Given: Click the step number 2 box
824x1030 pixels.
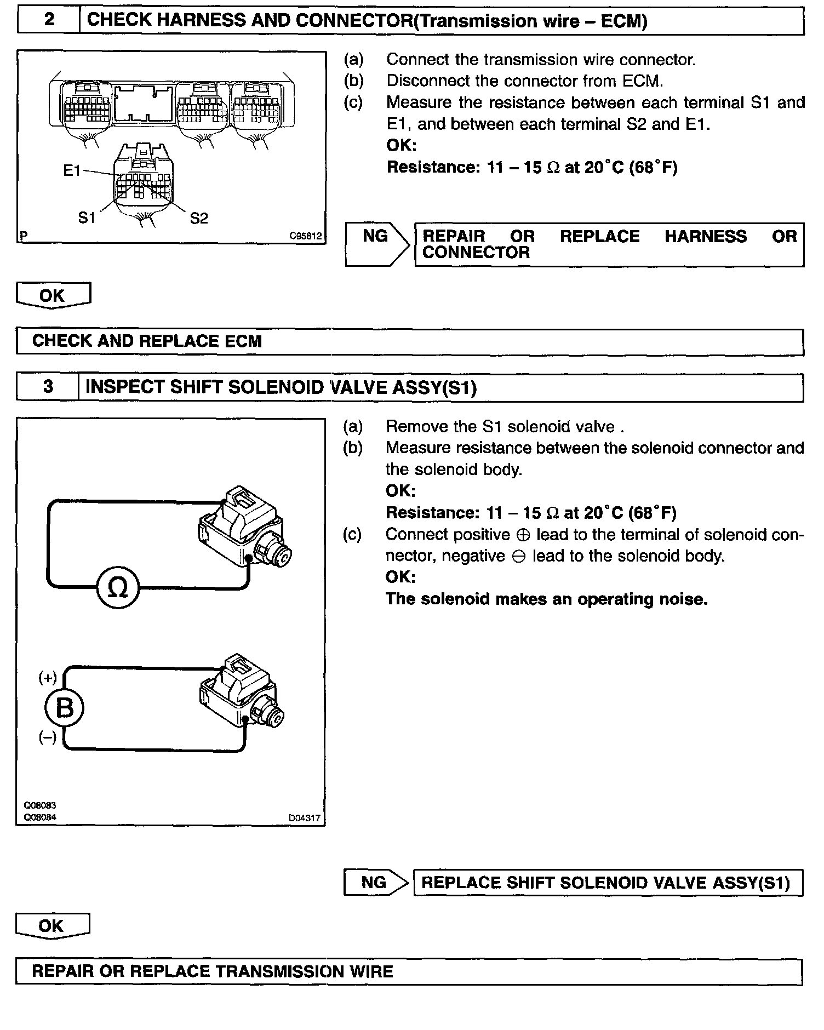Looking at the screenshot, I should [49, 20].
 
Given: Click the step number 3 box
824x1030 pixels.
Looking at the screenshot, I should [48, 387].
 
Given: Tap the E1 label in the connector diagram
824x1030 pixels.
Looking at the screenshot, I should [72, 171].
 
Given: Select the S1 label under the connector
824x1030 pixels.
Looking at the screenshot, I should [87, 218].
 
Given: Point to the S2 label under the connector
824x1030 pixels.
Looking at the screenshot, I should [199, 219].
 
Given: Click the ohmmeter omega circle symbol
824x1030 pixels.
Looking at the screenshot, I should [118, 588].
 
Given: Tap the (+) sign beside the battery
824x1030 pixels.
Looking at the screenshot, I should [48, 678].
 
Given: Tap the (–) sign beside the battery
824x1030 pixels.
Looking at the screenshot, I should [48, 738].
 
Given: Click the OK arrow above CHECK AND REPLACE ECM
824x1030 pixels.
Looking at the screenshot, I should [53, 295].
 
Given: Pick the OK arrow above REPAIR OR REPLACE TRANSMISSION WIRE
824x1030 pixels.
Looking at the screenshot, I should [52, 926].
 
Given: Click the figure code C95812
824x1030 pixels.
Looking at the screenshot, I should [306, 237].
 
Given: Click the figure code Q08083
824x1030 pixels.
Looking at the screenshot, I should [39, 805].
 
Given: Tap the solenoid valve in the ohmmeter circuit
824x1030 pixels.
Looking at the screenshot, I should [244, 529].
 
